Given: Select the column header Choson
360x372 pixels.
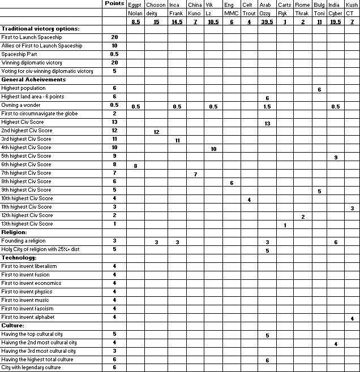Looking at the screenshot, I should (x=156, y=5).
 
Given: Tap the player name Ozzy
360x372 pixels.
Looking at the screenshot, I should (x=265, y=12).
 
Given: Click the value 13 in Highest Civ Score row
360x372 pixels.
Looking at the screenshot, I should (x=267, y=123).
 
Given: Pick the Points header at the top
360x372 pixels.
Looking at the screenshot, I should (x=114, y=4).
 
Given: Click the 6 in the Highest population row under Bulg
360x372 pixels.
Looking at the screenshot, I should (x=319, y=89).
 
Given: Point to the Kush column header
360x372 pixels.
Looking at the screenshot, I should (x=352, y=5).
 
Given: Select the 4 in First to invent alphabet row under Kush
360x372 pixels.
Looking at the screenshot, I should (x=352, y=318).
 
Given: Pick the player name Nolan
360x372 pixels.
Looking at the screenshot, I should (x=135, y=12).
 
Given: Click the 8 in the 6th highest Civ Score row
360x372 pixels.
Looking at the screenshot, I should (x=135, y=165).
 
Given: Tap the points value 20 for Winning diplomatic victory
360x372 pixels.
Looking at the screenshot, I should (x=114, y=63).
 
